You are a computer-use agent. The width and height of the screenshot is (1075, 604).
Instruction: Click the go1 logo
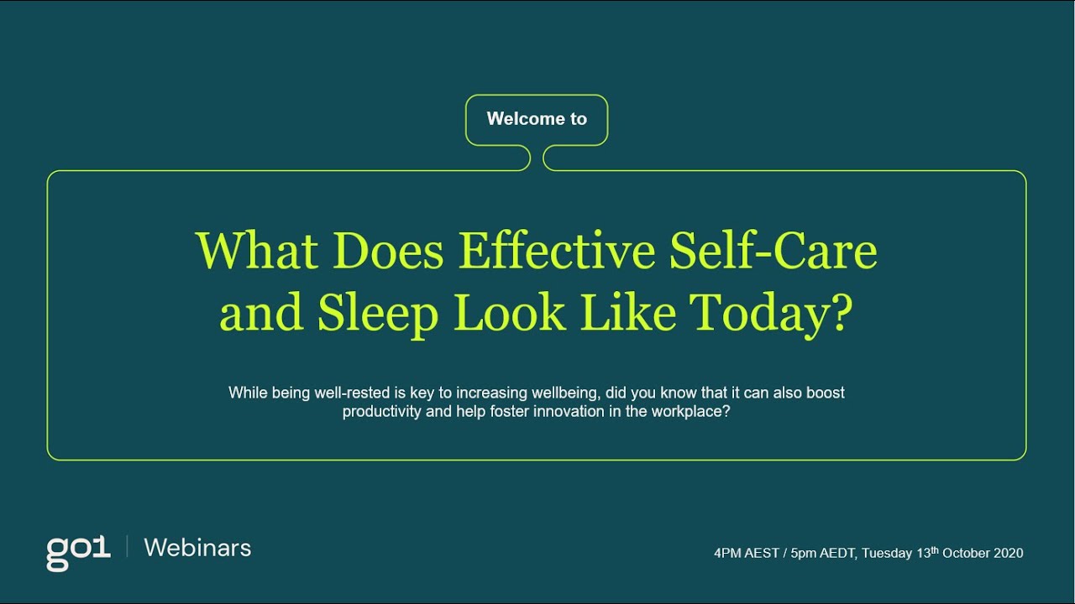(x=78, y=551)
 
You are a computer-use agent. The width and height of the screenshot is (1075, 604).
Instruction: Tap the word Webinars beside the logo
(x=197, y=548)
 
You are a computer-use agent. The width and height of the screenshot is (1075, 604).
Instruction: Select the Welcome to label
(x=537, y=119)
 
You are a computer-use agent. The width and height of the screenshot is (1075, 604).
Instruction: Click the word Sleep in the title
(x=378, y=314)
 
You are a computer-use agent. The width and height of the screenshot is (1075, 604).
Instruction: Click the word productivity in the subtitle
(x=381, y=413)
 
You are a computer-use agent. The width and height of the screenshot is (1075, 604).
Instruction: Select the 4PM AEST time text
(x=745, y=553)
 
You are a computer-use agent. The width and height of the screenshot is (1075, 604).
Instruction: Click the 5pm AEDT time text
(x=823, y=553)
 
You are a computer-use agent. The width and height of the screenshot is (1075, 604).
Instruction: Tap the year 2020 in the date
(x=1008, y=553)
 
